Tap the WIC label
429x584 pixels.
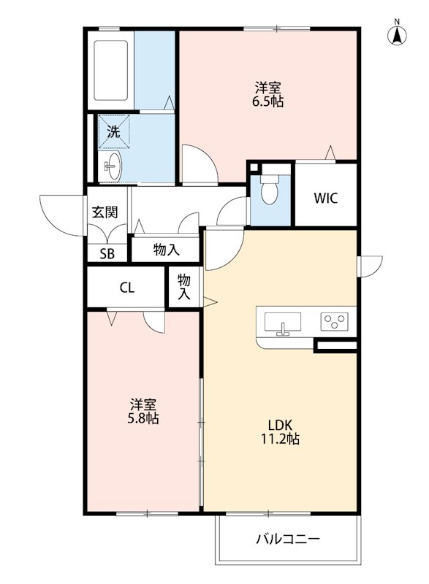point(325,199)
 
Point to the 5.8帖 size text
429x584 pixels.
point(144,419)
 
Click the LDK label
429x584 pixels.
point(280,425)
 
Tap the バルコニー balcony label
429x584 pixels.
point(287,540)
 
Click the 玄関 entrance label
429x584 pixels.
point(105,212)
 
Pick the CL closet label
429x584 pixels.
point(126,288)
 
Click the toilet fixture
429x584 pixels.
point(269,191)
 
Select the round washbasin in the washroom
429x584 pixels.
point(113,167)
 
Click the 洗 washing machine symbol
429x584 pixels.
point(113,132)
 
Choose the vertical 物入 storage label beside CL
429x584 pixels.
point(184,287)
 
